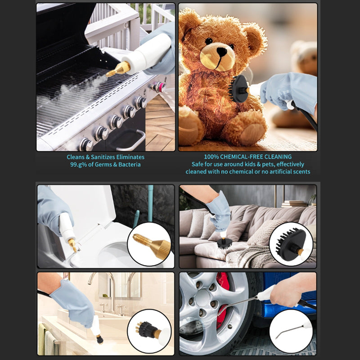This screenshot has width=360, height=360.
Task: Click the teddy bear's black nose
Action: click(222, 51)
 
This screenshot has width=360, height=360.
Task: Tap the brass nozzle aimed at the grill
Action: click(118, 69)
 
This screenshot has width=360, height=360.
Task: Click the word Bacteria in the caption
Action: click(130, 164)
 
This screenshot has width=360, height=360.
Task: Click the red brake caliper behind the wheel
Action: click(222, 301)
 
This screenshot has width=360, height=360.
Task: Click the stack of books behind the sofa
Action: click(294, 204)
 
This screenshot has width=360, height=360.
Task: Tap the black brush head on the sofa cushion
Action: click(224, 243)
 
